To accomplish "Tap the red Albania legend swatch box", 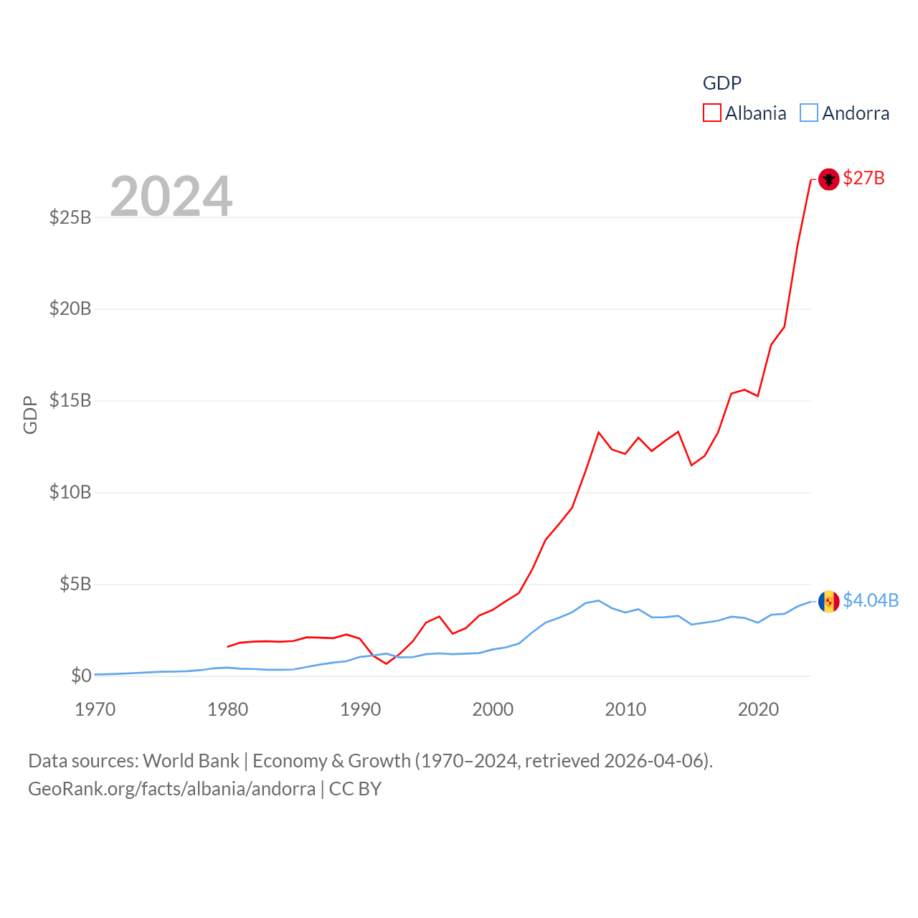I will click(711, 113).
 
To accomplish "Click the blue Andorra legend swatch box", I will click(809, 113).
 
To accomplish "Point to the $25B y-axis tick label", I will click(70, 217).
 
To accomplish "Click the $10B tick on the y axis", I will click(70, 493).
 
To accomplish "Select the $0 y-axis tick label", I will click(81, 676).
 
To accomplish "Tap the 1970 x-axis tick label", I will click(95, 709).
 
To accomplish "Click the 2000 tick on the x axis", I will click(493, 709).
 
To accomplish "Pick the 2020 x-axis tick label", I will click(758, 709).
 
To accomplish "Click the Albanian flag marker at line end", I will click(828, 179).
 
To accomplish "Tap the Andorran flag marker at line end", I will click(828, 601).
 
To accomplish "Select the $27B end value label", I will click(863, 178).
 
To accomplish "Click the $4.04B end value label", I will click(871, 600).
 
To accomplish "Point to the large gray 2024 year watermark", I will click(171, 196).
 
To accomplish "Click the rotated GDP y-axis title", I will click(30, 415).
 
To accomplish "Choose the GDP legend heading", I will click(721, 83).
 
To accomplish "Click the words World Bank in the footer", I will click(191, 761).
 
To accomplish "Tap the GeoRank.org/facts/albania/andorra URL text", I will click(171, 789).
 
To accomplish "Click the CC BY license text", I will click(355, 789).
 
